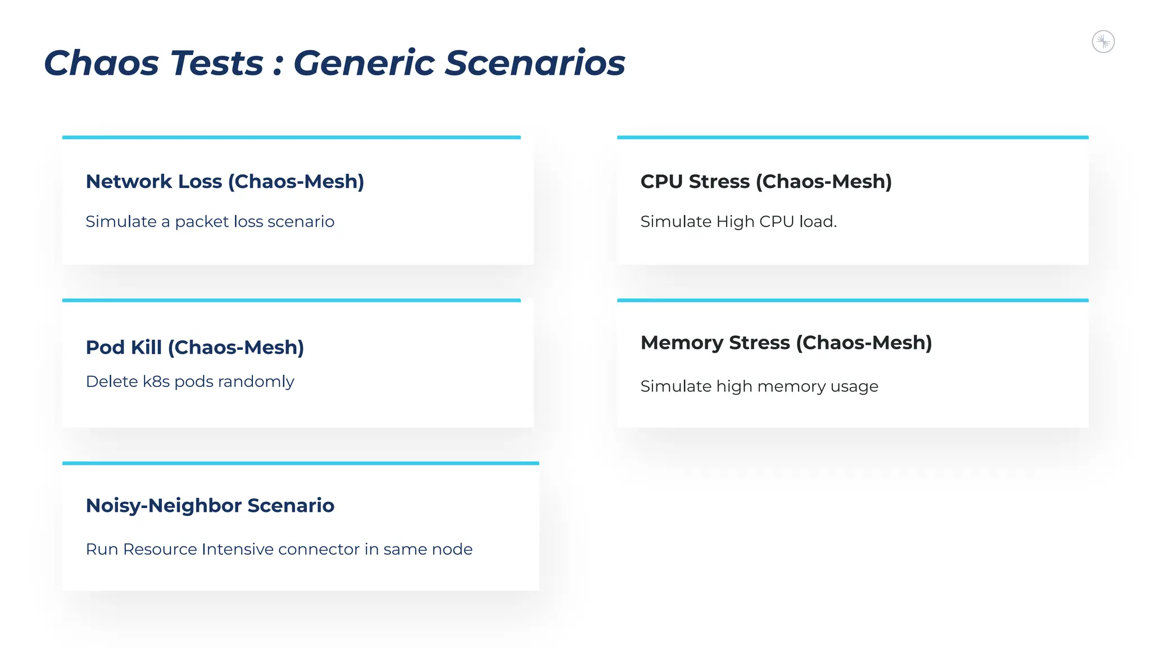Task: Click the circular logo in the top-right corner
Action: (1103, 42)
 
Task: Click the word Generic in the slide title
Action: (364, 62)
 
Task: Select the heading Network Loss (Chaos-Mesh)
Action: (225, 182)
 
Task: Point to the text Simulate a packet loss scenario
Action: (210, 222)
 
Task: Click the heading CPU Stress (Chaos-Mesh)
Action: (766, 182)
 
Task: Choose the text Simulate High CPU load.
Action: (738, 222)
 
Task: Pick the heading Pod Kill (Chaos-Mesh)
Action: (194, 348)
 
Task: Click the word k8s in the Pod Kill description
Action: (156, 381)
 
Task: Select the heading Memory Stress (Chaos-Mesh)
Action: (786, 343)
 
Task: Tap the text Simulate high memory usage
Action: (759, 386)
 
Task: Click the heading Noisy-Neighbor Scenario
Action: (210, 506)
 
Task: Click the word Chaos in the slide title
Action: (102, 62)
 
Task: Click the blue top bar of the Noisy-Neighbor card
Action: (301, 463)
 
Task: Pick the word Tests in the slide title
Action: (217, 62)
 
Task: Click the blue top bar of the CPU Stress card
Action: (853, 137)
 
